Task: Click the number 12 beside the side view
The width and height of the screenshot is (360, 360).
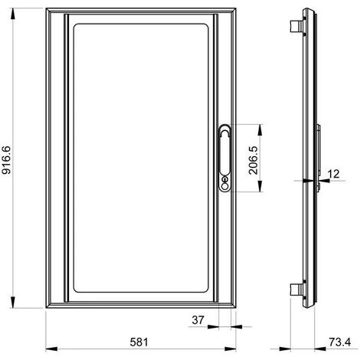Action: [333, 175]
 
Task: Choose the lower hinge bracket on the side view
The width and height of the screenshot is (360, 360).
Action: [294, 289]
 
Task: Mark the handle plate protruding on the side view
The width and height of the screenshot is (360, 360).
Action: [317, 153]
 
